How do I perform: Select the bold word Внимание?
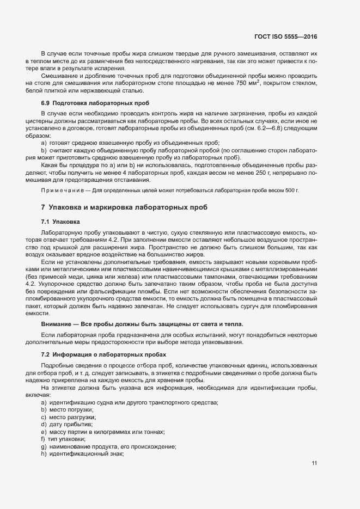click(58, 324)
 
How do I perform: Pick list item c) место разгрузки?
click(68, 416)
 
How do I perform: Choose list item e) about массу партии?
click(102, 432)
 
